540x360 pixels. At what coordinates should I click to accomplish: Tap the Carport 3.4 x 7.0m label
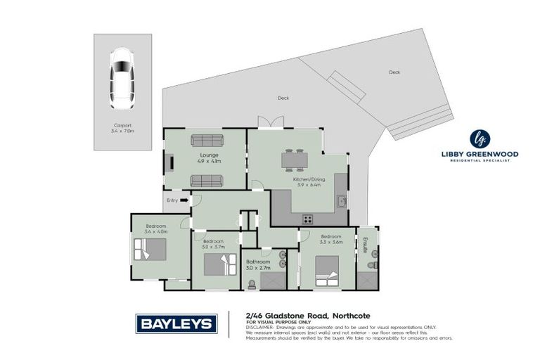[122, 127]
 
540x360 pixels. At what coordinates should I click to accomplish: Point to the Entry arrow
[184, 200]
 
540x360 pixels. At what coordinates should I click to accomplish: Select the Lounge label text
[208, 155]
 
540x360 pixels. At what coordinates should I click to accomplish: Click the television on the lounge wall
[168, 163]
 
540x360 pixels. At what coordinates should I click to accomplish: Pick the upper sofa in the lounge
[207, 140]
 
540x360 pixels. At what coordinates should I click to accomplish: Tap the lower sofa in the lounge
[207, 181]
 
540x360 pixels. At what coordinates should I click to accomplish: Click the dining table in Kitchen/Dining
[295, 160]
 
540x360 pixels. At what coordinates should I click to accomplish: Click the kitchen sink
[340, 201]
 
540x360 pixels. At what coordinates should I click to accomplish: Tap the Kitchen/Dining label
[307, 181]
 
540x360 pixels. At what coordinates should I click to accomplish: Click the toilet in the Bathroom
[252, 285]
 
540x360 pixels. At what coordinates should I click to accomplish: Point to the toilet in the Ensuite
[373, 266]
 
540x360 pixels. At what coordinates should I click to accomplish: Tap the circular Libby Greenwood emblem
[480, 138]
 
